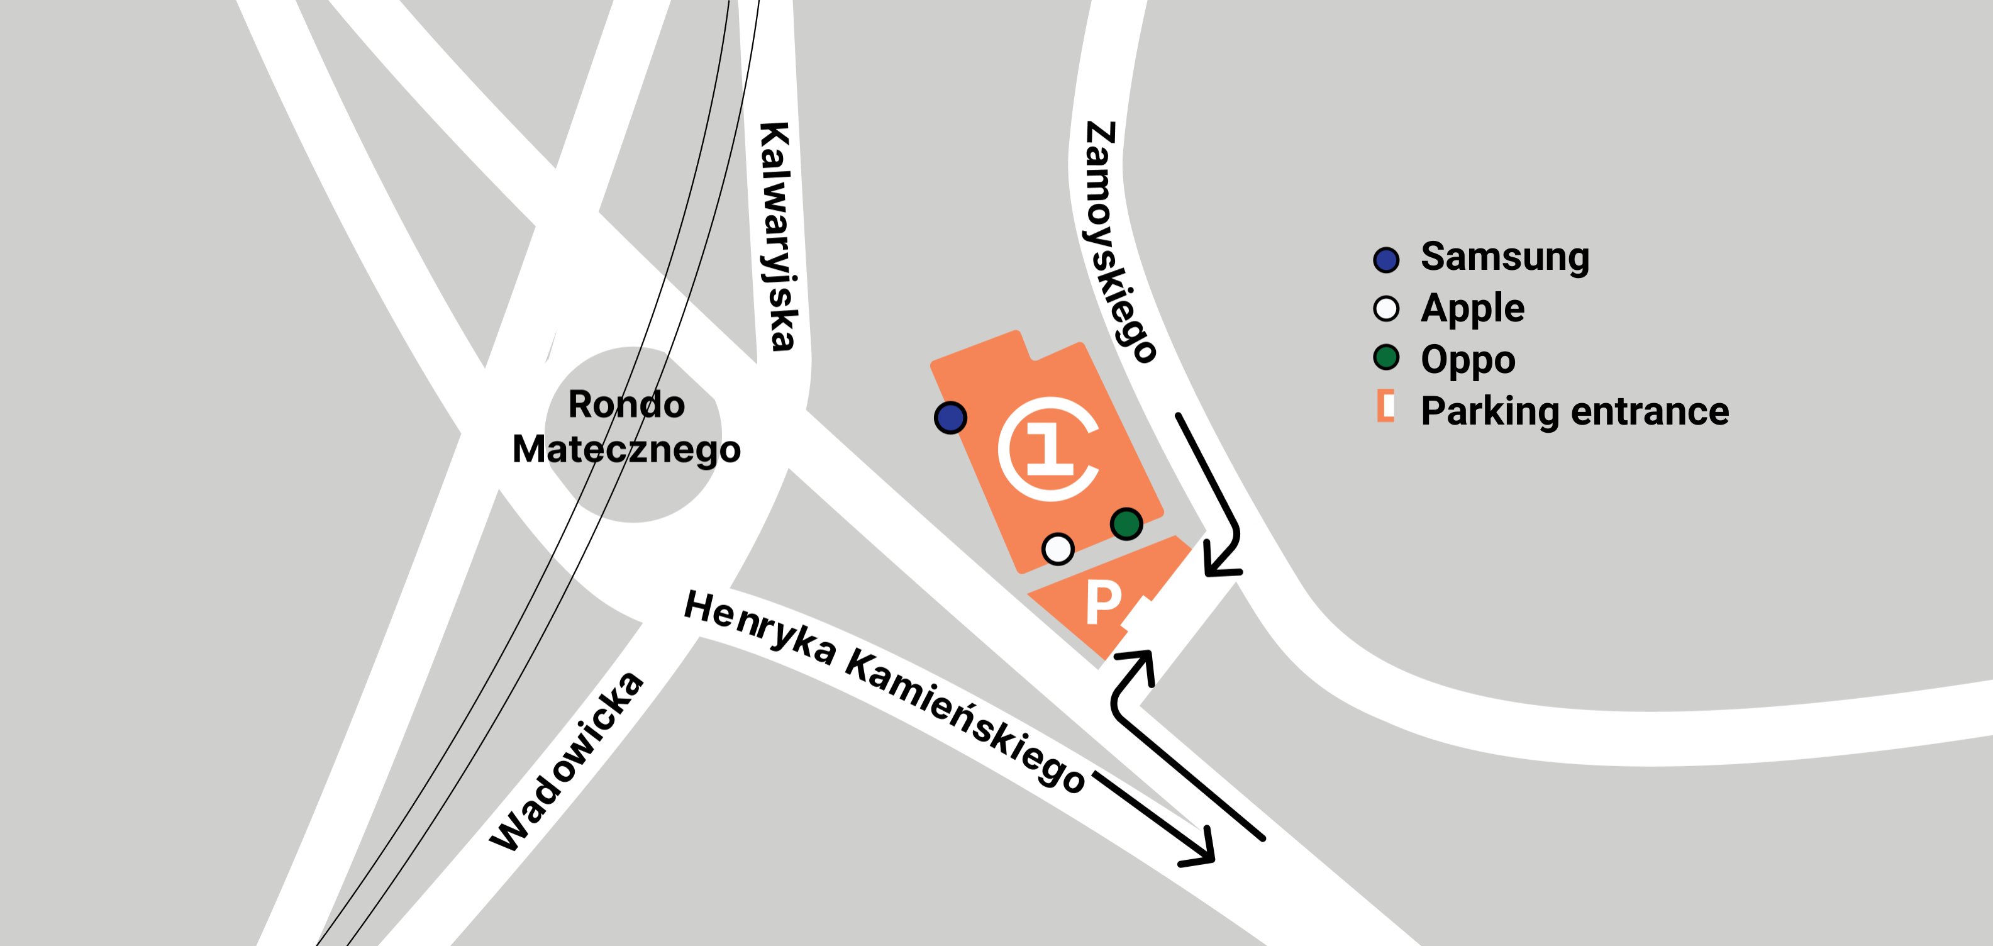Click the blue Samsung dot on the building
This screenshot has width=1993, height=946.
(x=950, y=418)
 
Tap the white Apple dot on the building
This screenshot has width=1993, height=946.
(x=1058, y=549)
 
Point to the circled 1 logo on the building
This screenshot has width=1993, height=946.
(x=1049, y=448)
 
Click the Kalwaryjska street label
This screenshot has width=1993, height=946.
(x=777, y=236)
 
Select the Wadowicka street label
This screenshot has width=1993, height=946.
(x=567, y=761)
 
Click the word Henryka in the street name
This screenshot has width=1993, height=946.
(x=760, y=627)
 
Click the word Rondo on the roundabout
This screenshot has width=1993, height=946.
(x=626, y=404)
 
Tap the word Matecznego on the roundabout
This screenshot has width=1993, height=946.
(x=626, y=449)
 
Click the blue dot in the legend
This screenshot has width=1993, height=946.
(x=1385, y=260)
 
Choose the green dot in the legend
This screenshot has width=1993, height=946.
(x=1385, y=357)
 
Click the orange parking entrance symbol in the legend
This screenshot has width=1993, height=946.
(x=1385, y=406)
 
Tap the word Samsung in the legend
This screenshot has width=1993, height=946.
(x=1505, y=257)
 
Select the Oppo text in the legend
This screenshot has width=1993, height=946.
(x=1468, y=360)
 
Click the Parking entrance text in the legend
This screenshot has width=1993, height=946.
(x=1574, y=411)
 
